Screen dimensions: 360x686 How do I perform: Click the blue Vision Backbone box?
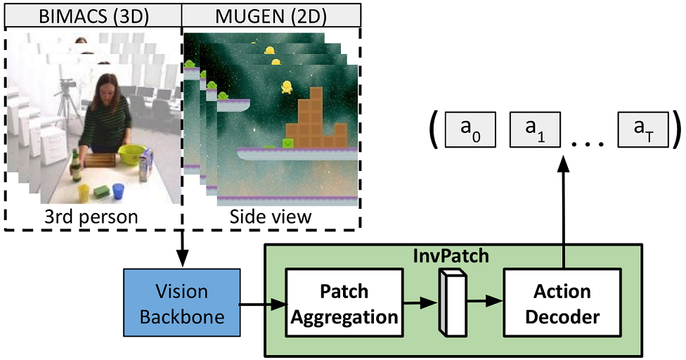point(182,304)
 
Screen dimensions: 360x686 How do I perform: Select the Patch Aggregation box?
point(344,304)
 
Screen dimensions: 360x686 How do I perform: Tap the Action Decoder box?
point(562,304)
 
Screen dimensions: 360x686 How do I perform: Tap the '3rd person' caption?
point(93,216)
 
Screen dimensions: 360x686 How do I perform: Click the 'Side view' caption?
point(271,216)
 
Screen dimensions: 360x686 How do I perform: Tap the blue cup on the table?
point(118,191)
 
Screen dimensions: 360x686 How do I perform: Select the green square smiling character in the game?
point(287,143)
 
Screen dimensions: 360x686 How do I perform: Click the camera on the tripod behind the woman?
point(65,88)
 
